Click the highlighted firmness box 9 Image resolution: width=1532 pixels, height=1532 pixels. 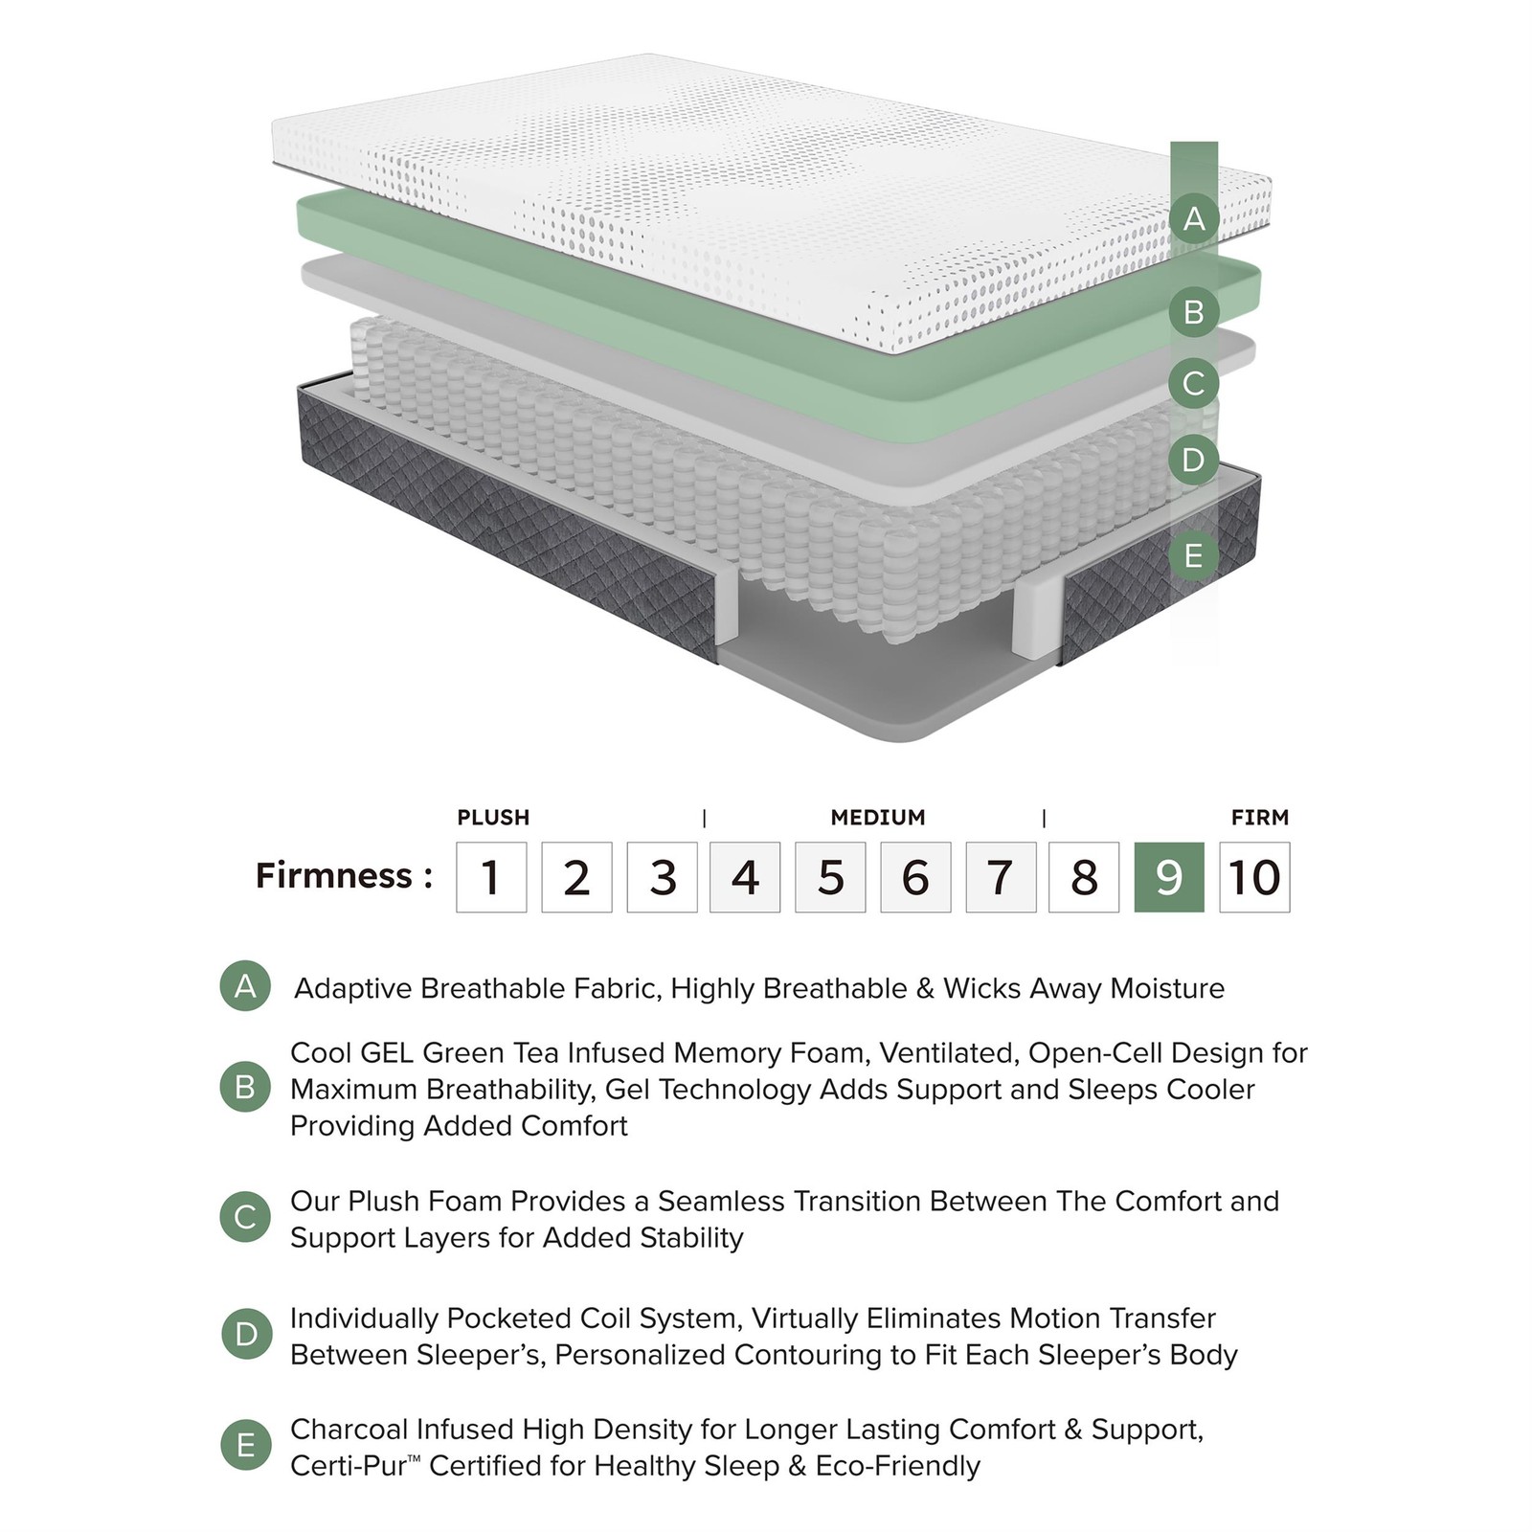point(1169,877)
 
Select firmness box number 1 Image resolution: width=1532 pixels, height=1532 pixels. point(491,877)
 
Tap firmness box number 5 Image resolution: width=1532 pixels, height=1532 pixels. point(830,877)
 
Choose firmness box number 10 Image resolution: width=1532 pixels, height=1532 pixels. point(1254,877)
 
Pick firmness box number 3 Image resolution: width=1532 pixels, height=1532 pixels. point(662,877)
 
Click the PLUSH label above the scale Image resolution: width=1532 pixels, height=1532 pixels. point(493,818)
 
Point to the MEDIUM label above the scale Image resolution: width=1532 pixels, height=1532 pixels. point(878,818)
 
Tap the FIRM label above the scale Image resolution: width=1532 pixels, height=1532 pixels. point(1260,818)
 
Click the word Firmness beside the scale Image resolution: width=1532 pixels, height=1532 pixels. point(334,875)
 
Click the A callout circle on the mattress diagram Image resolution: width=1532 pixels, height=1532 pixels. point(1194,219)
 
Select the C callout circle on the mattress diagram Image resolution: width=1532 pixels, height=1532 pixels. point(1194,384)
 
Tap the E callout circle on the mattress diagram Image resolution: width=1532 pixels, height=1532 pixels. point(1194,555)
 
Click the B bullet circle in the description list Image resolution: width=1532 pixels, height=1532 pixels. point(245,1087)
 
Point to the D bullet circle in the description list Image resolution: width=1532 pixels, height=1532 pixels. point(245,1334)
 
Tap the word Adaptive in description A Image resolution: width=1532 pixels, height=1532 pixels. point(353,989)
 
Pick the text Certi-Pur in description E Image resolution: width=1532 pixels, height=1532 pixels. point(349,1467)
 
